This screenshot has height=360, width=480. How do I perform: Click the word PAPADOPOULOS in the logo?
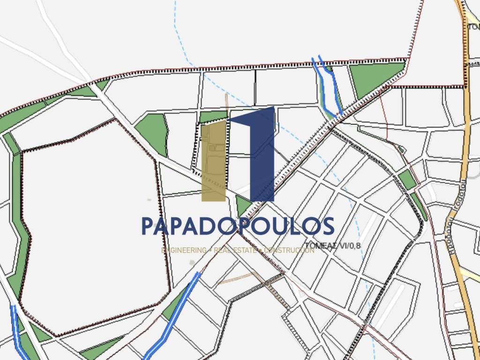click(x=238, y=226)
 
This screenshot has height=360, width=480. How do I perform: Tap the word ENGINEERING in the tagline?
click(x=183, y=250)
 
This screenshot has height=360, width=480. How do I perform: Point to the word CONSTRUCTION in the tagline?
click(x=289, y=250)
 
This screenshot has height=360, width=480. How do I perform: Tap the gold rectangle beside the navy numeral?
click(x=213, y=162)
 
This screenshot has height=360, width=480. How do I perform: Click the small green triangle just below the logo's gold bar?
click(x=242, y=206)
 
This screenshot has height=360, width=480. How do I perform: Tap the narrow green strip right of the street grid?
click(x=419, y=206)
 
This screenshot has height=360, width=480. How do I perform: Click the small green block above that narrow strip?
click(x=406, y=180)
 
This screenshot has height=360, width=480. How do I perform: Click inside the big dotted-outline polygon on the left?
click(x=89, y=225)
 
